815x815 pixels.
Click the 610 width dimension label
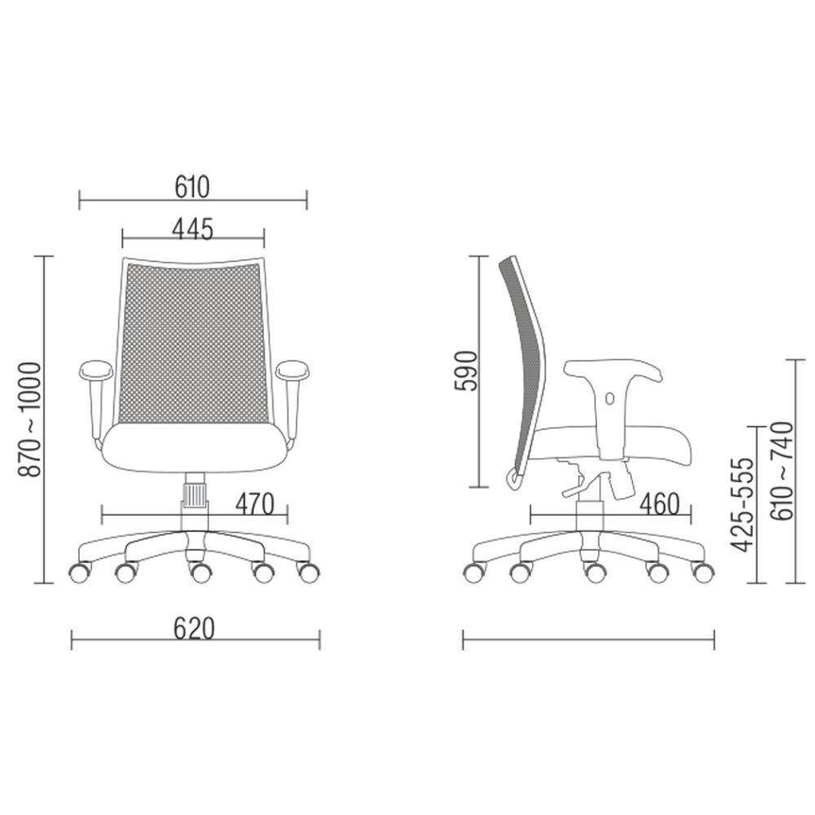coord(192,187)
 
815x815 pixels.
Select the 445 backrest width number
coord(193,229)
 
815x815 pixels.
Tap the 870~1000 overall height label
coord(29,420)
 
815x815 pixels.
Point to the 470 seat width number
coord(254,504)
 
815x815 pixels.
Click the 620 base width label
coord(194,629)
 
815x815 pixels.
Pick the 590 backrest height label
coord(465,371)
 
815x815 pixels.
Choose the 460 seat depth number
coord(659,504)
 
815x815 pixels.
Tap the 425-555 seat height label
coord(742,504)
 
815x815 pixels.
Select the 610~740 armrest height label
coord(782,471)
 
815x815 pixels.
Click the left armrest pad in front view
coord(95,370)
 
